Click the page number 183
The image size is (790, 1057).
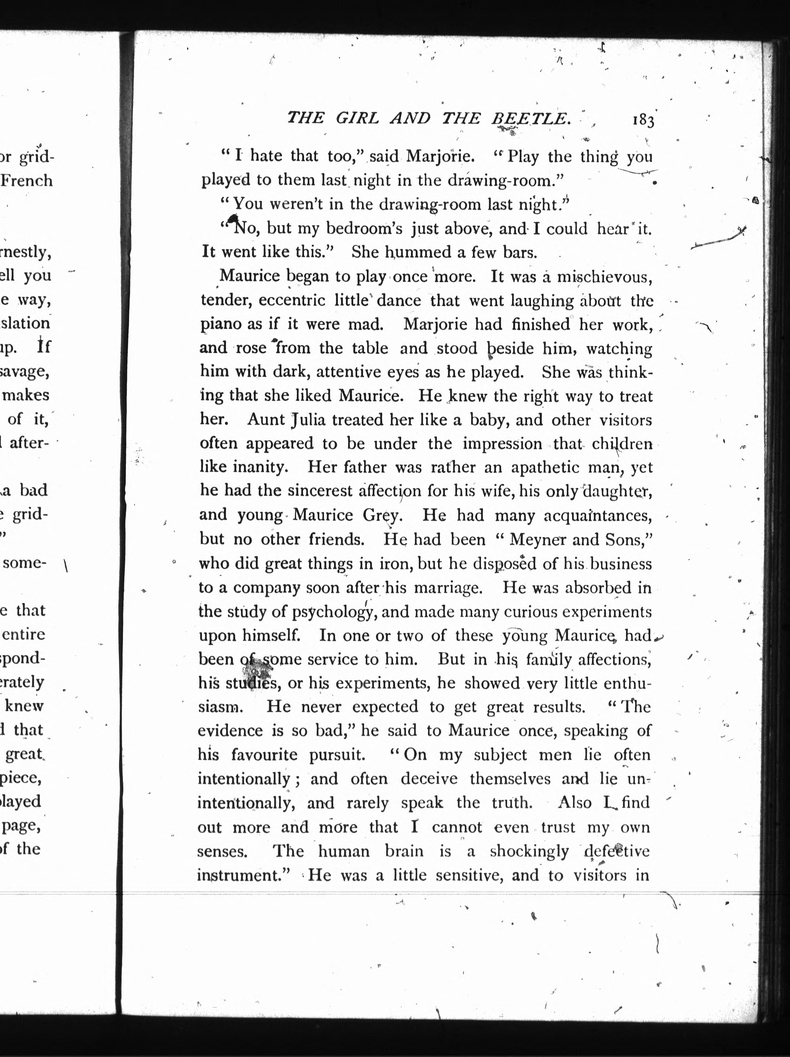pos(643,120)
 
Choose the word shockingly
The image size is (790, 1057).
pos(529,851)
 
